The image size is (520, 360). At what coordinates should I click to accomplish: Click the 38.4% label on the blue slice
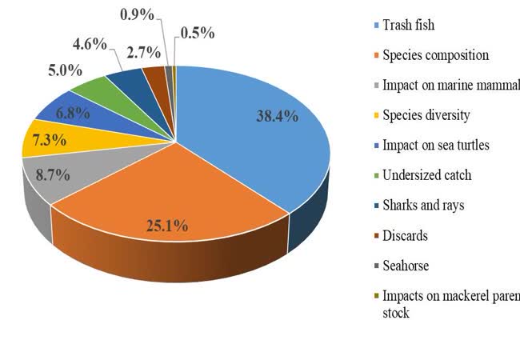click(x=277, y=116)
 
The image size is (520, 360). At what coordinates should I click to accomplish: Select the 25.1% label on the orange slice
click(x=167, y=226)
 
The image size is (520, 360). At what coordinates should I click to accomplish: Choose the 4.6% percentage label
click(x=89, y=43)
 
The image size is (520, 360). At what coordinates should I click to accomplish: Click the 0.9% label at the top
click(x=138, y=14)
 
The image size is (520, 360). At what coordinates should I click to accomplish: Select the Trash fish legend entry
click(x=408, y=26)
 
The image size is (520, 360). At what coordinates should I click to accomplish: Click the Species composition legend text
click(x=435, y=55)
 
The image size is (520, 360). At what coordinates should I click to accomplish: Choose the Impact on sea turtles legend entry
click(x=435, y=145)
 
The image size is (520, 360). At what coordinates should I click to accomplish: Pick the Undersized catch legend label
click(x=426, y=174)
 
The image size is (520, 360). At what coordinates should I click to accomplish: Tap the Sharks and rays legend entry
click(x=423, y=205)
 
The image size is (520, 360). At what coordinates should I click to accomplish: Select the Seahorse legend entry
click(x=406, y=265)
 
